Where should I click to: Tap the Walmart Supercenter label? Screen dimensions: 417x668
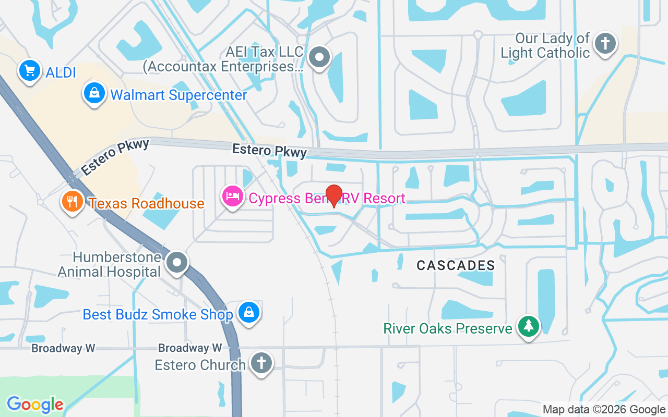[x=178, y=95]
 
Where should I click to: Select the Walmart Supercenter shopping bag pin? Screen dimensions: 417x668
[x=94, y=94]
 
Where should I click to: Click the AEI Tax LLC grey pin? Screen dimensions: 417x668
[x=319, y=57]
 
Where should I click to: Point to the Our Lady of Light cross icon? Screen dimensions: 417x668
[x=605, y=43]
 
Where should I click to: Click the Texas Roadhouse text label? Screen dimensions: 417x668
[x=147, y=203]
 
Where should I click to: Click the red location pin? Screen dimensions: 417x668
[x=333, y=195]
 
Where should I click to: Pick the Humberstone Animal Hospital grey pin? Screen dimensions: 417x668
[x=177, y=263]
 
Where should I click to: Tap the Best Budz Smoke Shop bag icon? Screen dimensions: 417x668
[x=249, y=313]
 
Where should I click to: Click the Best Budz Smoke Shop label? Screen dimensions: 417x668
[x=158, y=315]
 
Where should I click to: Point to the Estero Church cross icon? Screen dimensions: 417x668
[x=261, y=363]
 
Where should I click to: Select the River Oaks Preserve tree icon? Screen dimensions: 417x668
[x=529, y=326]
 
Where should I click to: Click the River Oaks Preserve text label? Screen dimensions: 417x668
[x=448, y=328]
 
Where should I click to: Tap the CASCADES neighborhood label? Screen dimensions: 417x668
[x=456, y=265]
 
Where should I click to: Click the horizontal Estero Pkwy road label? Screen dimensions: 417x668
[x=269, y=151]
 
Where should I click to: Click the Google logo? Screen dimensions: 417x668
[x=35, y=404]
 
